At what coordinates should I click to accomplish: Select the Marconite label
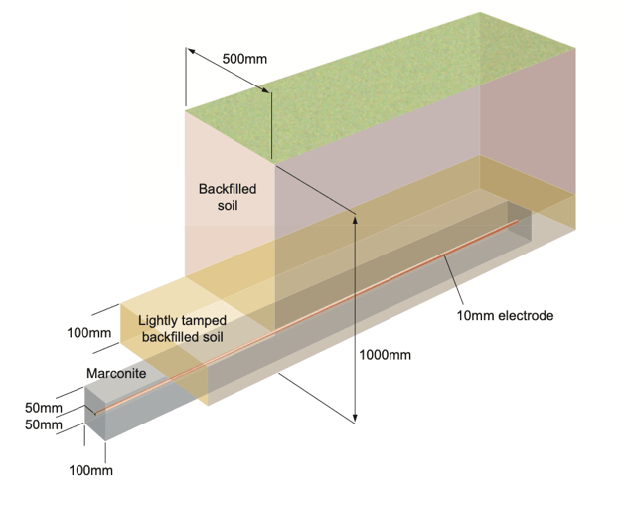coord(117,373)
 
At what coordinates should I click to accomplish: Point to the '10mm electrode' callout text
coord(504,316)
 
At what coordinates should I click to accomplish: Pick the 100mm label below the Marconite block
coord(90,470)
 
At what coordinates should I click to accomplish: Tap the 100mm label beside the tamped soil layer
coord(89,332)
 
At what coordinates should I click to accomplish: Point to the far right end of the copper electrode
coord(517,222)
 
